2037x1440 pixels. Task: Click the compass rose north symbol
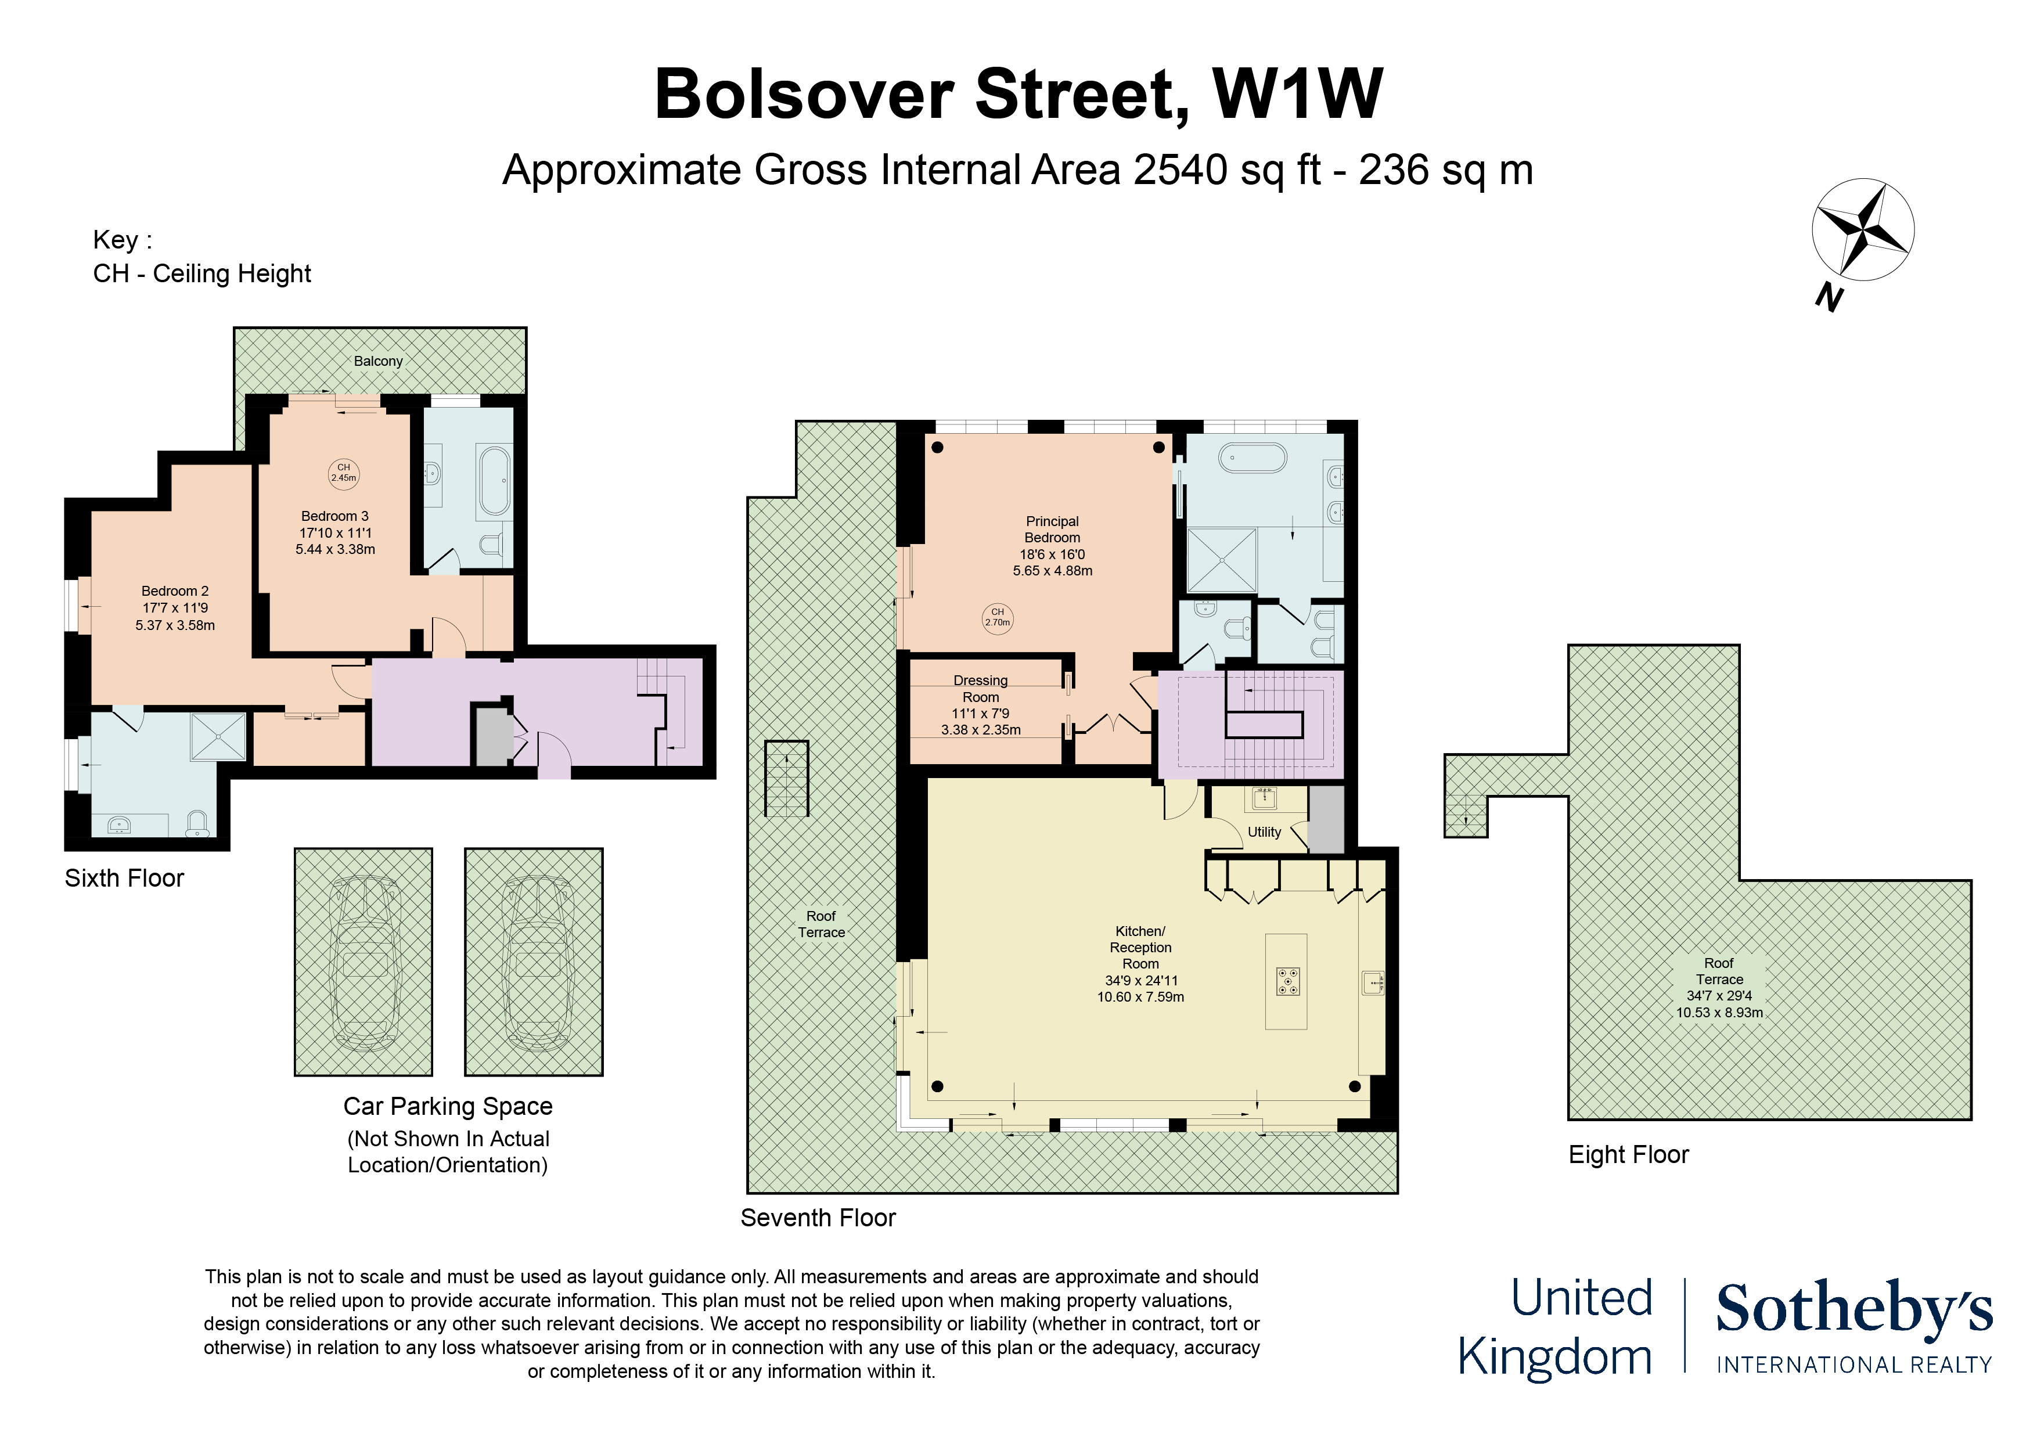(1862, 230)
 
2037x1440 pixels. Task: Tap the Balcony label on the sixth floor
(378, 361)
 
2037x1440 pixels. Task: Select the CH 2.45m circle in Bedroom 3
(343, 473)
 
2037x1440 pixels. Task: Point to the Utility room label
(1264, 832)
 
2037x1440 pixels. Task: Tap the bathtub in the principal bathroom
(1253, 458)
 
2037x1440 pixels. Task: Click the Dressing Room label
(980, 689)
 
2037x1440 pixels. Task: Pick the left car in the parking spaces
(364, 963)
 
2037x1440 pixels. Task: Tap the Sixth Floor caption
(124, 879)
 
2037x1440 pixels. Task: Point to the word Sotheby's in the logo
(1854, 1309)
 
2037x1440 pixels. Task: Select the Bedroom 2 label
(175, 591)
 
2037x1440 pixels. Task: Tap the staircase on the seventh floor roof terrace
(786, 778)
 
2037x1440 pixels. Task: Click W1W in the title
(1297, 94)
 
